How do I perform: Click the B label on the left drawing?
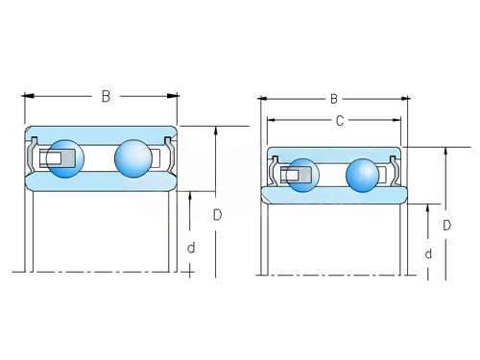click(106, 96)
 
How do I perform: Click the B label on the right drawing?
click(334, 99)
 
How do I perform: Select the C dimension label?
click(340, 120)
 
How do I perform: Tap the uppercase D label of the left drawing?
click(217, 215)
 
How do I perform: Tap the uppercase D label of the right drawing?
click(446, 226)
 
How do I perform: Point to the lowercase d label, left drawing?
click(191, 248)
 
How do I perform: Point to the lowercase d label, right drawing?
click(428, 253)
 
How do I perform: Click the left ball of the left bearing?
click(65, 158)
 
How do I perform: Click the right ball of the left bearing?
click(133, 158)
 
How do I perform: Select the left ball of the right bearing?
click(302, 175)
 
